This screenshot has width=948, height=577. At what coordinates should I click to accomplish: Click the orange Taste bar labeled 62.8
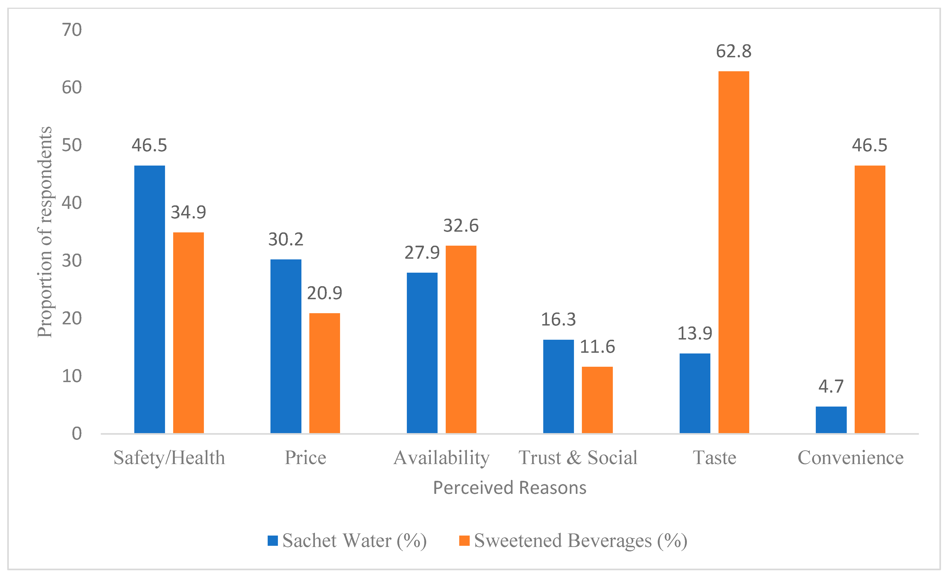(x=734, y=252)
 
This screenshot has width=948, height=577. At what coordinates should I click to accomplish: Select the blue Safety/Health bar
(x=150, y=299)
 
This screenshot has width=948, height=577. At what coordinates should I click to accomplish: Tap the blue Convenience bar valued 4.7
(x=831, y=420)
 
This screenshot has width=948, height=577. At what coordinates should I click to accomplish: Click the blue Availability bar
(x=422, y=353)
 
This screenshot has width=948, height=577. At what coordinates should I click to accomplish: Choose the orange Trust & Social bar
(x=597, y=400)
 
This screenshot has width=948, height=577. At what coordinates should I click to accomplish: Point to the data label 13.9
(x=695, y=333)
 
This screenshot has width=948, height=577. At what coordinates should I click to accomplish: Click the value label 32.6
(x=461, y=226)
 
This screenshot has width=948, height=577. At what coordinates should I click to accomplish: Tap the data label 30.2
(x=286, y=239)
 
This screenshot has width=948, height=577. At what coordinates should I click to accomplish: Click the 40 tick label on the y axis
(x=72, y=203)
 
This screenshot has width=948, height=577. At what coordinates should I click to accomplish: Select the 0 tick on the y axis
(x=77, y=434)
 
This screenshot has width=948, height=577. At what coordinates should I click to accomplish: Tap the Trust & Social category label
(x=578, y=458)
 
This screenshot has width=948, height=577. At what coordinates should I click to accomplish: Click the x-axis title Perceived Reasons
(x=510, y=488)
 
